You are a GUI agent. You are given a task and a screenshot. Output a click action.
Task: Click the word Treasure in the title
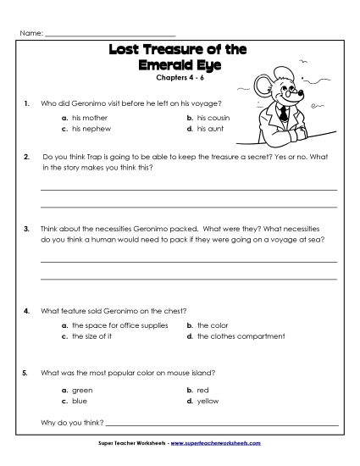point(180,51)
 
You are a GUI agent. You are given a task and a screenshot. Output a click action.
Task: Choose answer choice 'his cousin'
point(213,118)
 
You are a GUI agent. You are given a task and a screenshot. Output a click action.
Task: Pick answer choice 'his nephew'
point(89,129)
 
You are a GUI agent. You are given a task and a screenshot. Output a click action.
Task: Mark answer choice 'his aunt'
point(208,129)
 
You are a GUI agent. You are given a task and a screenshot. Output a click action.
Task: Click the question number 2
point(27,157)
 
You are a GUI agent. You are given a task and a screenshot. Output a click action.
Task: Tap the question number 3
point(27,229)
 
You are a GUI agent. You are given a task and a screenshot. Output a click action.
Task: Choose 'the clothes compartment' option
point(241,336)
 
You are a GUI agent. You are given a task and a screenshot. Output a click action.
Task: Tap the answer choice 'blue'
point(80,401)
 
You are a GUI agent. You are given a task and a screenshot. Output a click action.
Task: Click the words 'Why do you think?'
point(72,422)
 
